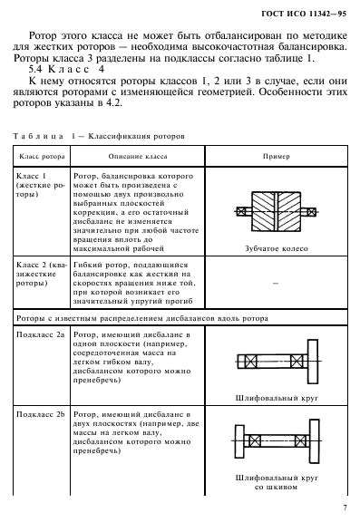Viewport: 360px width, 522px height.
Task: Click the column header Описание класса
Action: coord(136,154)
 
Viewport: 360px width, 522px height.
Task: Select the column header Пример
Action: coord(274,154)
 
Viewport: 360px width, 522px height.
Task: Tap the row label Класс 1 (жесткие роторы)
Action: coord(40,182)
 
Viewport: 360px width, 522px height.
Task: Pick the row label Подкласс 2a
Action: coord(41,334)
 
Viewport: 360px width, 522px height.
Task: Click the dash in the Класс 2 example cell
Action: coord(274,283)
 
